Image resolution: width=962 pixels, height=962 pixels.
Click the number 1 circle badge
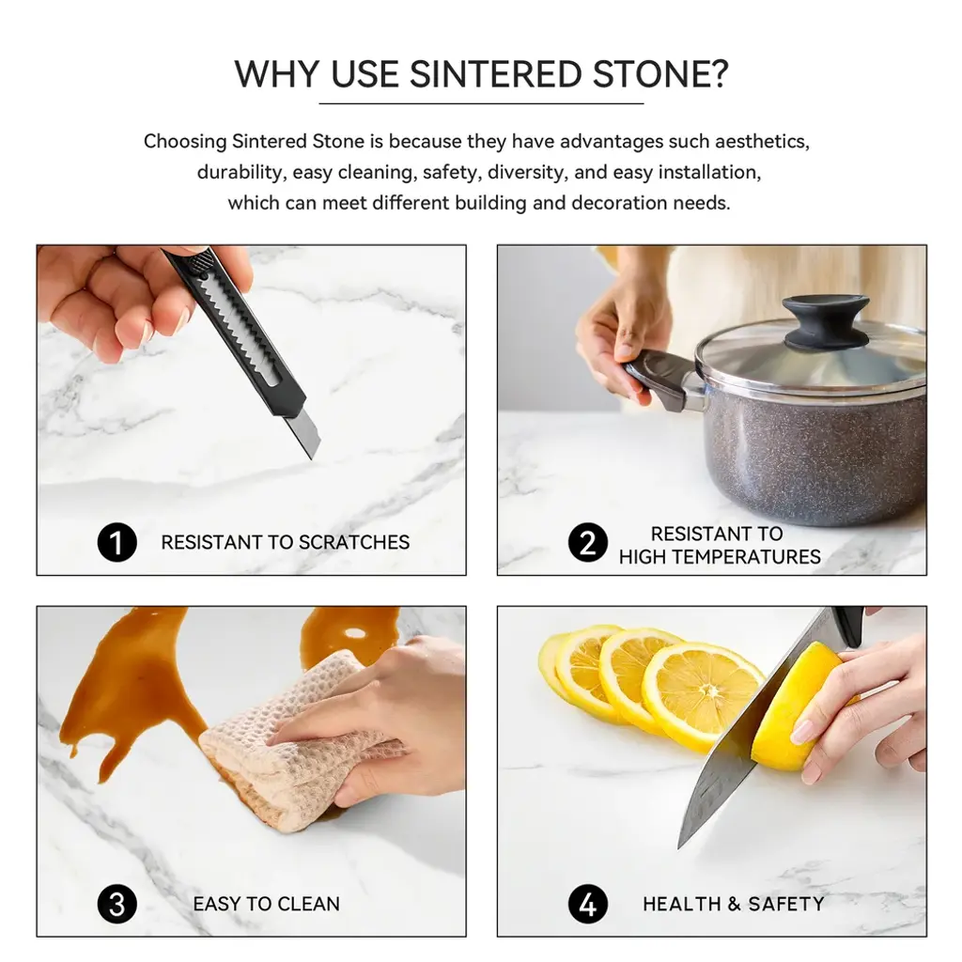(x=117, y=542)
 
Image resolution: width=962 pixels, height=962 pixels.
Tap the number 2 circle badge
(x=588, y=542)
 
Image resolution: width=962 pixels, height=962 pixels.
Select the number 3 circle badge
(x=117, y=904)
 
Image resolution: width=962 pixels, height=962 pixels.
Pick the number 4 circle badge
(x=588, y=904)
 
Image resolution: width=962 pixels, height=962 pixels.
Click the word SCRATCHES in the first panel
(x=354, y=542)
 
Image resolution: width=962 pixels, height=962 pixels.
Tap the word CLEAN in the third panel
(x=308, y=904)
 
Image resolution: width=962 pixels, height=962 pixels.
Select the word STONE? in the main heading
(x=660, y=74)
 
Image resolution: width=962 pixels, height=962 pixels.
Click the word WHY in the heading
(x=277, y=74)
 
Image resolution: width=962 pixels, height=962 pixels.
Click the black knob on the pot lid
(x=826, y=321)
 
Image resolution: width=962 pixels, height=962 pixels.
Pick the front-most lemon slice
(x=701, y=694)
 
